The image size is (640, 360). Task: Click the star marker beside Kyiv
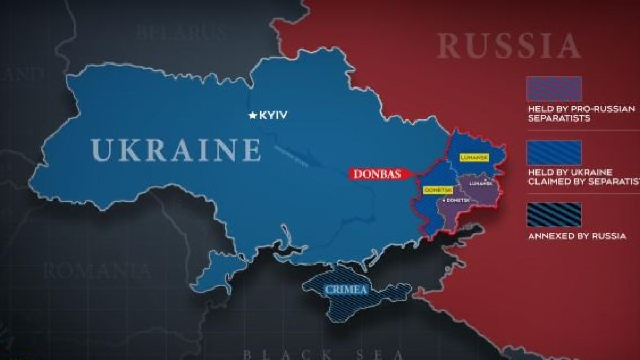[x=252, y=115]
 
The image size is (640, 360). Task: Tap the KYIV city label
[x=273, y=115]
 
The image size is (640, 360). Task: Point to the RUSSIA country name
[x=508, y=46]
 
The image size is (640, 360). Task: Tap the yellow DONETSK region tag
[x=435, y=190]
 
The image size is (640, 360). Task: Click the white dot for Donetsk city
[x=444, y=200]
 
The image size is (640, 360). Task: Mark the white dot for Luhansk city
[x=485, y=180]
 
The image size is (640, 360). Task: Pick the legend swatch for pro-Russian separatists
[x=554, y=89]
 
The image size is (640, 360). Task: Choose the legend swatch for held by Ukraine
[x=554, y=153]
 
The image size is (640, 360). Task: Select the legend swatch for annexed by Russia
[x=554, y=214]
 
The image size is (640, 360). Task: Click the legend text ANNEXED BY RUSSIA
[x=577, y=236]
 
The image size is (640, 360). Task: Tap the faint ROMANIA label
[x=97, y=271]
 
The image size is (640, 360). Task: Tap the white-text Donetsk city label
[x=458, y=200]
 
